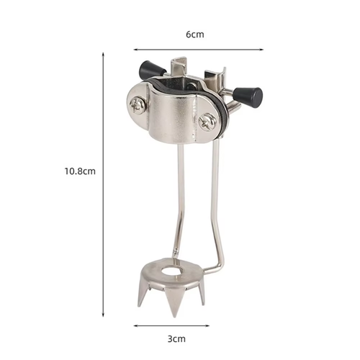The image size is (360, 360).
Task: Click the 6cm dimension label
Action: pos(195,35)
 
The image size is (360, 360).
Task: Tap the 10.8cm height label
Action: pos(80,171)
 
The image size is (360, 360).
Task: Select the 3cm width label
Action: pos(176,339)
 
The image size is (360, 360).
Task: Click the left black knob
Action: pos(150,70)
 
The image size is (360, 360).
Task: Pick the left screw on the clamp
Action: pos(138,105)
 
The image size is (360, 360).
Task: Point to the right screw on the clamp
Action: pos(207,122)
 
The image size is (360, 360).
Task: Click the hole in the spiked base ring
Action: pos(171,271)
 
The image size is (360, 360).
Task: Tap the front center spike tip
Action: pos(174,316)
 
